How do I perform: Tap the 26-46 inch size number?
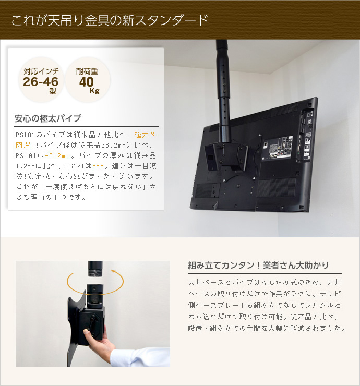pyautogui.click(x=41, y=82)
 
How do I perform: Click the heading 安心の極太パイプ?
pyautogui.click(x=47, y=118)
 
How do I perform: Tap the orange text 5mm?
pyautogui.click(x=99, y=166)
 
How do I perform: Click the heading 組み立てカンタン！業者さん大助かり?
pyautogui.click(x=258, y=265)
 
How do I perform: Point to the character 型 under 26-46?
pyautogui.click(x=52, y=91)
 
